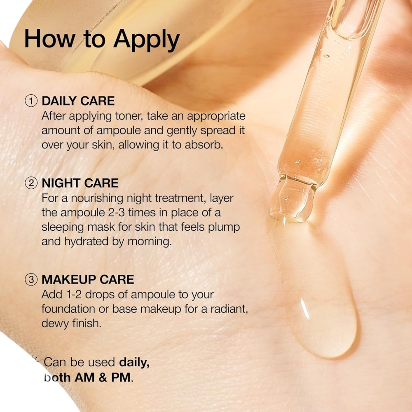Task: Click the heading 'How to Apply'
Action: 102,40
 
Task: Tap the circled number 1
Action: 31,101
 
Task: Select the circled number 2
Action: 31,183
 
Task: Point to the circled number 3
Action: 31,279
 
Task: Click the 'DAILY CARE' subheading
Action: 78,101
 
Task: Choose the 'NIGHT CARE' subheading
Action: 80,183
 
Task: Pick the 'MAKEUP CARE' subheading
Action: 88,279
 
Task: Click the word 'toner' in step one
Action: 129,116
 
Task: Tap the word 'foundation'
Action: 68,309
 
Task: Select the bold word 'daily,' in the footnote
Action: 134,363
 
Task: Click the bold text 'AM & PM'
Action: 103,377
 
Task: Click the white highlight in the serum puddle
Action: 305,309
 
